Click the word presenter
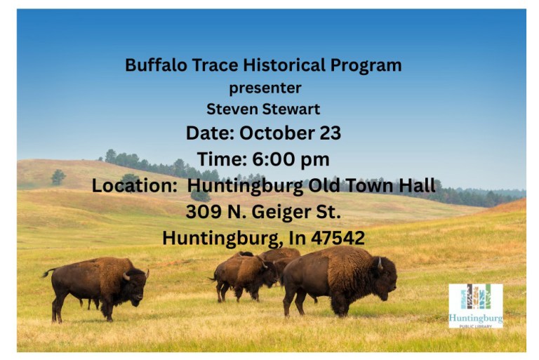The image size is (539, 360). point(265,88)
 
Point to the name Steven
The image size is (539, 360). point(229,109)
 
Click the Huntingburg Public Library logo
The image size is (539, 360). point(475,305)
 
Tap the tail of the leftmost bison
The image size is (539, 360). point(48,272)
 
